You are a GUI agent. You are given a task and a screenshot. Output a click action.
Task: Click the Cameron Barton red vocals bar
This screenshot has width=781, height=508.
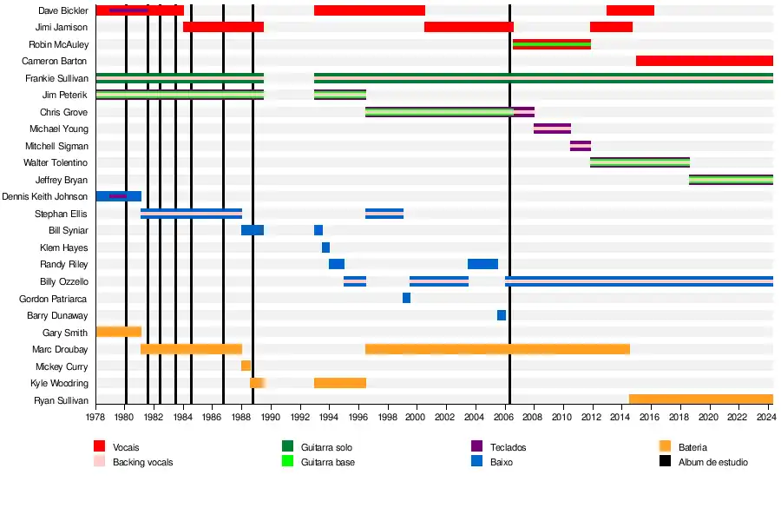pos(704,61)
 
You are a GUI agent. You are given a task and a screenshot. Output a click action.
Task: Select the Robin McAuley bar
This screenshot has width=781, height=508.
pos(551,44)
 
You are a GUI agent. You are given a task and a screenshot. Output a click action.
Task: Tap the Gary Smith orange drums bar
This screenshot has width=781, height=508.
pos(118,332)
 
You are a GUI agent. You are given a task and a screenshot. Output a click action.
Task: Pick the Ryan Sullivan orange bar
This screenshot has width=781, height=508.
pos(700,399)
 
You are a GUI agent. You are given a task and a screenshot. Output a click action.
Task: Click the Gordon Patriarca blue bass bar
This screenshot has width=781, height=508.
pos(406,298)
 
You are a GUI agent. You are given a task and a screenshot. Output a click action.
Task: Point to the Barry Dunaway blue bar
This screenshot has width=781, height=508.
pos(502,315)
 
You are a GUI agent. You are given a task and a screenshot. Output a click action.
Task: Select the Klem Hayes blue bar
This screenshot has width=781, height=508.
pos(325,247)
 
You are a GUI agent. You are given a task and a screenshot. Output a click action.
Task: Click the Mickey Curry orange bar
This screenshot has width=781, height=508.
pos(246,366)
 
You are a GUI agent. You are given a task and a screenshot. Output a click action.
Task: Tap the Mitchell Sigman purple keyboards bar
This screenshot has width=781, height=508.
pos(581,146)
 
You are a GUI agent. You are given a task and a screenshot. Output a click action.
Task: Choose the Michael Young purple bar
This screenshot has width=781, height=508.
pos(552,129)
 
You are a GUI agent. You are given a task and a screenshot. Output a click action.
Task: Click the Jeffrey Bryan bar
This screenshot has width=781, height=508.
pos(731,180)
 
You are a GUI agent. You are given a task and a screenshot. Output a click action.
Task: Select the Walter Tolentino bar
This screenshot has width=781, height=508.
pos(640,162)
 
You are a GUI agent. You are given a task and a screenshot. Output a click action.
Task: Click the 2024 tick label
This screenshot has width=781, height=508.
pos(765,418)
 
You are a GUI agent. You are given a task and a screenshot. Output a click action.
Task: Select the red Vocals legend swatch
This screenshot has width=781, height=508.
pos(100,447)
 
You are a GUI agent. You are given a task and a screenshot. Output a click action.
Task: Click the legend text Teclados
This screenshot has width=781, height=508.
pos(508,447)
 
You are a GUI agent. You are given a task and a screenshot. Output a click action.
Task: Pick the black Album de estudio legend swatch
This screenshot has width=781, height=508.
pos(666,462)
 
